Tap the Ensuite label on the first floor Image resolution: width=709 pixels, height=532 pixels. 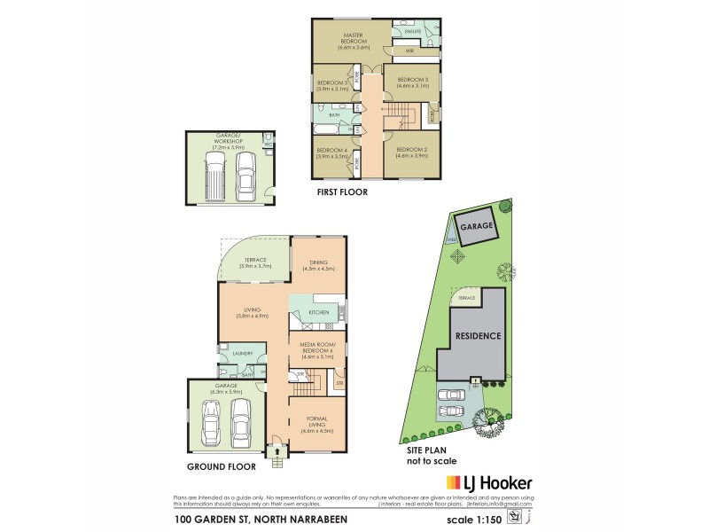[412, 32]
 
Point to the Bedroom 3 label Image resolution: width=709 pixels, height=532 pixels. [413, 81]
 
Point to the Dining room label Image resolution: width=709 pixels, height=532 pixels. [318, 261]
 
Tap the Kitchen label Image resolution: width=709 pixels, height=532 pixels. [318, 313]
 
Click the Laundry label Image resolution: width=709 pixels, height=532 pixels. [243, 355]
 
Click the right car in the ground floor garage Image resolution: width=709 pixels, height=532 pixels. [240, 423]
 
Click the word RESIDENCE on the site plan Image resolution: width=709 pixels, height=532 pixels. [479, 336]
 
